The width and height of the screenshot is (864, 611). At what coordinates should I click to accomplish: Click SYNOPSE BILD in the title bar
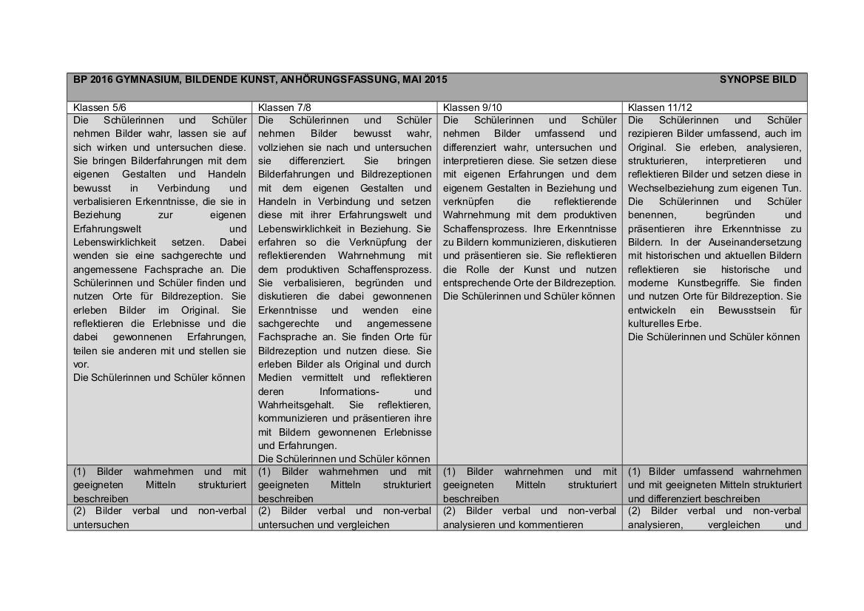coord(757,79)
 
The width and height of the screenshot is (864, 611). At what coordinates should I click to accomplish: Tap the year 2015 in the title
coord(434,79)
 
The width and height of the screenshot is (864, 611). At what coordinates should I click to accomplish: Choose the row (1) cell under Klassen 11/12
coord(714,485)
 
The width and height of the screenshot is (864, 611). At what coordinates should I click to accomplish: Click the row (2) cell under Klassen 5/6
coord(158,518)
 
